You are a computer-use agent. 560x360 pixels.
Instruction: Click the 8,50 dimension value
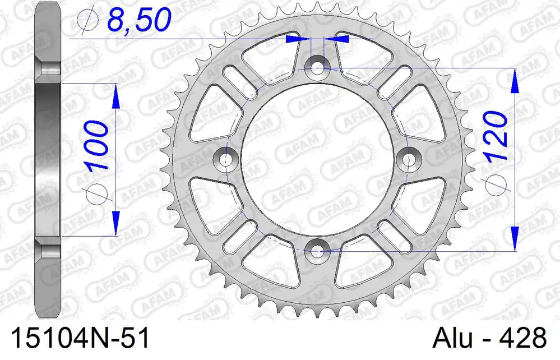pyautogui.click(x=140, y=20)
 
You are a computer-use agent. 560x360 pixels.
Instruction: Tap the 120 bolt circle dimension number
pyautogui.click(x=495, y=135)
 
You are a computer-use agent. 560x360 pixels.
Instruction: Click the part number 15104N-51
pyautogui.click(x=80, y=338)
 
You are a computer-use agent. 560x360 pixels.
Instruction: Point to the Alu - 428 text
pyautogui.click(x=489, y=338)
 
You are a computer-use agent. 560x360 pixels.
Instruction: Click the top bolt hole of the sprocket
pyautogui.click(x=316, y=67)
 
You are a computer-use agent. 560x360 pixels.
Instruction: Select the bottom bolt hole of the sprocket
pyautogui.click(x=316, y=251)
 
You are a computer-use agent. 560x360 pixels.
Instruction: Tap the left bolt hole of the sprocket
pyautogui.click(x=225, y=159)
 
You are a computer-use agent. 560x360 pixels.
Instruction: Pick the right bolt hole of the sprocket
pyautogui.click(x=408, y=159)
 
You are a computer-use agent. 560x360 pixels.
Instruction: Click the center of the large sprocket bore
pyautogui.click(x=316, y=159)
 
